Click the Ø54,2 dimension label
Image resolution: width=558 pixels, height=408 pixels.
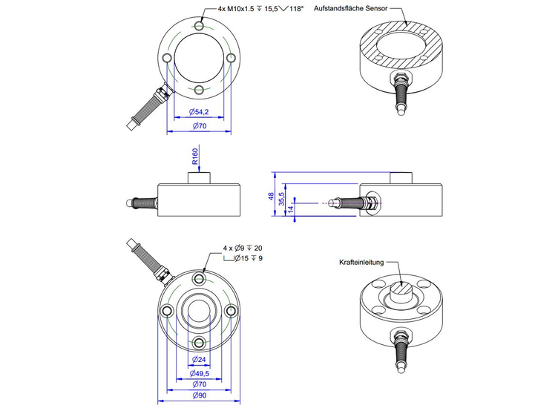(x=198, y=111)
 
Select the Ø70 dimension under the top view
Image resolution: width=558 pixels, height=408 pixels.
(x=198, y=126)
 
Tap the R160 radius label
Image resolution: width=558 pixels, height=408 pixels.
(x=195, y=157)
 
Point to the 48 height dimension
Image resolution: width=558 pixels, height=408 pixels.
(x=272, y=197)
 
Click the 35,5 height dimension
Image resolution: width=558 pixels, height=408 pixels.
(x=281, y=202)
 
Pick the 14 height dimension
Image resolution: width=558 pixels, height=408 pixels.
(x=291, y=210)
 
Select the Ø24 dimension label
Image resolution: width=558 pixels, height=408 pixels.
(x=198, y=359)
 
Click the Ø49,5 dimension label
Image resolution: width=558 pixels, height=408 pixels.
(x=198, y=373)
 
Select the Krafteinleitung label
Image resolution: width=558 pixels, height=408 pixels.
(x=363, y=263)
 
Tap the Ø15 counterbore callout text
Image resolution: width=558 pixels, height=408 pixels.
(x=248, y=258)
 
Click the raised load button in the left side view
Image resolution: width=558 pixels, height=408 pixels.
(x=198, y=179)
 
